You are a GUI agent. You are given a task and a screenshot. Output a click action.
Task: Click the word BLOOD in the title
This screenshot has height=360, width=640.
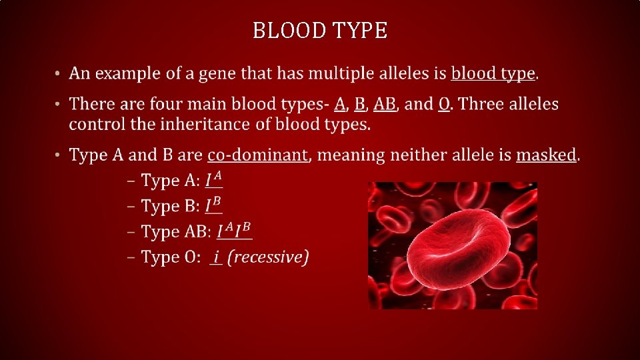click(287, 31)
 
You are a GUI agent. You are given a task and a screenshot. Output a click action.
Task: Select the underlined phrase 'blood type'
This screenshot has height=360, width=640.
click(493, 73)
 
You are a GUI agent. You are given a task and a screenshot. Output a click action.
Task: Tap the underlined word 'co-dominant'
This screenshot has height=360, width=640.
click(257, 155)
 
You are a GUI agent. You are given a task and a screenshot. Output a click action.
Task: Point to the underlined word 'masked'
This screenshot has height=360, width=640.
click(546, 155)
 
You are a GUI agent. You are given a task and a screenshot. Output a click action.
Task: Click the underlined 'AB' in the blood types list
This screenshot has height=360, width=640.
click(385, 105)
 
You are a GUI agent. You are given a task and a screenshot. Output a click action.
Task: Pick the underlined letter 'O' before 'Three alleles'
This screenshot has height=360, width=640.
click(444, 105)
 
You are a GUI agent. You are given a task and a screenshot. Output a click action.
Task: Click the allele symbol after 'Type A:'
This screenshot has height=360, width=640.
click(213, 181)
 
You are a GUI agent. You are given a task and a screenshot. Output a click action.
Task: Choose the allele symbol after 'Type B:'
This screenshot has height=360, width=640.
click(213, 206)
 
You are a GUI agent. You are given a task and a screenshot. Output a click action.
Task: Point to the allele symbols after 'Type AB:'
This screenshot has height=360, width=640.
click(235, 232)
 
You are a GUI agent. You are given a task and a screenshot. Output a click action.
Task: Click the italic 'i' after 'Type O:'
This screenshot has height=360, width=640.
click(215, 257)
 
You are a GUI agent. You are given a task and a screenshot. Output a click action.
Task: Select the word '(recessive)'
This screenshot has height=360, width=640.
click(268, 257)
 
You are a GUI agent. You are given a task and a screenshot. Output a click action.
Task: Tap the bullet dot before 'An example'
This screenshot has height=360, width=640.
click(58, 73)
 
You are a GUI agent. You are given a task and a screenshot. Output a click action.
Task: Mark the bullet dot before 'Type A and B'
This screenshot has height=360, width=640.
click(58, 155)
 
